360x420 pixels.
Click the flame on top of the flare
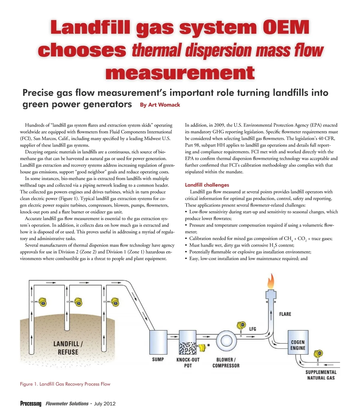[x=271, y=281]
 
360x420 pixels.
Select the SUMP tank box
[x=158, y=342]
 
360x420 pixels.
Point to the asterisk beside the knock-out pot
[x=208, y=345]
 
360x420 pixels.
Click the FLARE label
[x=285, y=314]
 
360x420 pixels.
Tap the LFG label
[x=253, y=329]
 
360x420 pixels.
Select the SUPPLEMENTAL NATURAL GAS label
[x=321, y=375]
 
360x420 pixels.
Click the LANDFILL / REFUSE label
[x=68, y=348]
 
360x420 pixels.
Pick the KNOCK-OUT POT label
[x=188, y=362]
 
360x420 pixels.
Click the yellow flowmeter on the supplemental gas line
[x=318, y=354]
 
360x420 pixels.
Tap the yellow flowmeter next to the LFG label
[x=241, y=325]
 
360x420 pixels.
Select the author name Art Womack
[x=164, y=105]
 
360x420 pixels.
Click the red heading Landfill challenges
[x=207, y=185]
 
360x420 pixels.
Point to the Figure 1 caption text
[x=65, y=384]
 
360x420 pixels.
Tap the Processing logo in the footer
[x=31, y=404]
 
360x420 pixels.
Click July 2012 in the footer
[x=105, y=404]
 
